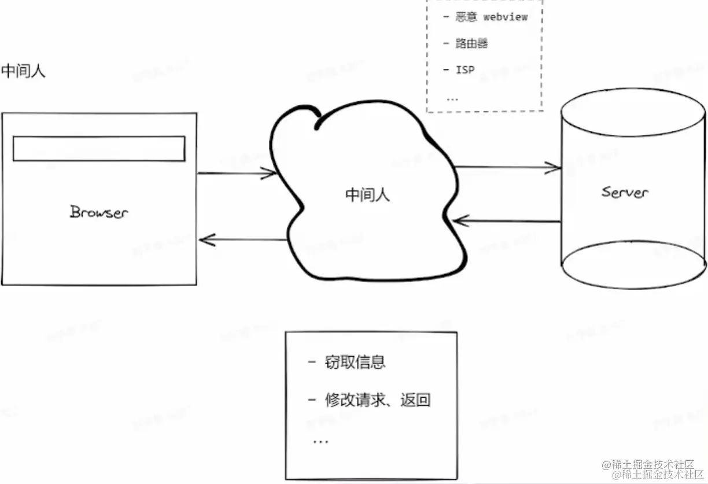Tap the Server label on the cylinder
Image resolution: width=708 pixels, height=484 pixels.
[625, 192]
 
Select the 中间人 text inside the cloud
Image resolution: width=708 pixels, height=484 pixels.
[367, 195]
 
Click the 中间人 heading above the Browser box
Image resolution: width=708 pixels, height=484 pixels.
[23, 71]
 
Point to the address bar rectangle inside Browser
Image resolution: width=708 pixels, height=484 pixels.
[99, 149]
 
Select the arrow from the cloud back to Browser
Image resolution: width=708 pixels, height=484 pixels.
[243, 239]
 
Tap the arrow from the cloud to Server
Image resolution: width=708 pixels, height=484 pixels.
[507, 168]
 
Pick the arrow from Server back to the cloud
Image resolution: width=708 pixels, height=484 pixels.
[507, 221]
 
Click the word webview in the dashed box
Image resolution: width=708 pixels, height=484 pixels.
[505, 17]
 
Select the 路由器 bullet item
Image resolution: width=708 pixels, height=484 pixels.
[471, 43]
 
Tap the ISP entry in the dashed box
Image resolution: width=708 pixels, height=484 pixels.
[465, 69]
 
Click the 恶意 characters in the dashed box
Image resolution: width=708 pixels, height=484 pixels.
[466, 17]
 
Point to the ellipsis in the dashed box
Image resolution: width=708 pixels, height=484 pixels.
[452, 98]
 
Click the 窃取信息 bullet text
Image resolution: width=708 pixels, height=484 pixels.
[355, 363]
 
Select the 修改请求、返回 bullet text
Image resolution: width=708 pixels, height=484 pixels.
[378, 400]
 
